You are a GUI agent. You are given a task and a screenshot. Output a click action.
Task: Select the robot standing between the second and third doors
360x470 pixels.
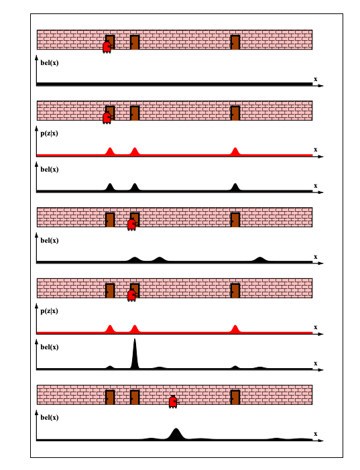(x=173, y=402)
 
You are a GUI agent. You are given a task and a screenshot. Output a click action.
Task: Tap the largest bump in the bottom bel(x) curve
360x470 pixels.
(x=176, y=434)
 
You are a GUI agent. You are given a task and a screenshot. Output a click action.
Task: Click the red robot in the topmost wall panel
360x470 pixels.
(x=107, y=48)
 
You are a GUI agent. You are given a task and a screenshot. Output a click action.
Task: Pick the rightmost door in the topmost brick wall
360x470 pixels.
(x=235, y=42)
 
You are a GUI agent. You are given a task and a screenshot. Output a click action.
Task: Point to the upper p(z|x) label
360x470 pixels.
(x=49, y=133)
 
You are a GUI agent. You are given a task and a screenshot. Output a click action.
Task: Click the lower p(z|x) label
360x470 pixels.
(x=49, y=311)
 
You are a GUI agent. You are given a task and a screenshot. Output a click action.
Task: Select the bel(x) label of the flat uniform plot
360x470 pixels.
(x=50, y=62)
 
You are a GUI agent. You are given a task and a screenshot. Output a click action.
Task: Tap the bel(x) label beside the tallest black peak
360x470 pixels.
(x=50, y=347)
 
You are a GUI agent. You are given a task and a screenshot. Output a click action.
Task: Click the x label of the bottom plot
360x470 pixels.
(x=315, y=434)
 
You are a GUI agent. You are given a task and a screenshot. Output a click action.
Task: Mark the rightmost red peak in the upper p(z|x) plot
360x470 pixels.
(x=235, y=152)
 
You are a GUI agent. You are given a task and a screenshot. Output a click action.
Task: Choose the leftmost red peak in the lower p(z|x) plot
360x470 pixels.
(x=110, y=329)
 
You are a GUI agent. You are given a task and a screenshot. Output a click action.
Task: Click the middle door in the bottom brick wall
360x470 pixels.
(x=135, y=398)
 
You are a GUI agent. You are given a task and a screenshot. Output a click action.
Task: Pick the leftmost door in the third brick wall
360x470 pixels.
(x=110, y=220)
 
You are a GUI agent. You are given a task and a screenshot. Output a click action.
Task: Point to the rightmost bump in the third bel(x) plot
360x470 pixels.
(x=260, y=259)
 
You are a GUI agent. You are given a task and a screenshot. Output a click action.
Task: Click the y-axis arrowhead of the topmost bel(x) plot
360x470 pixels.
(x=37, y=57)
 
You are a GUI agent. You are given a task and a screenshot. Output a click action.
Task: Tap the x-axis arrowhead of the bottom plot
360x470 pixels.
(x=321, y=440)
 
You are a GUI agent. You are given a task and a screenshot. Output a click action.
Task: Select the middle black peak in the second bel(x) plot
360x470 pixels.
(x=135, y=187)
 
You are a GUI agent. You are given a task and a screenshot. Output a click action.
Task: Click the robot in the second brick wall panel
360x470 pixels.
(x=107, y=118)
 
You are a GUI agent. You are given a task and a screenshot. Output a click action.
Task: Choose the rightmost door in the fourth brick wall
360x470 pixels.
(x=235, y=291)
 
